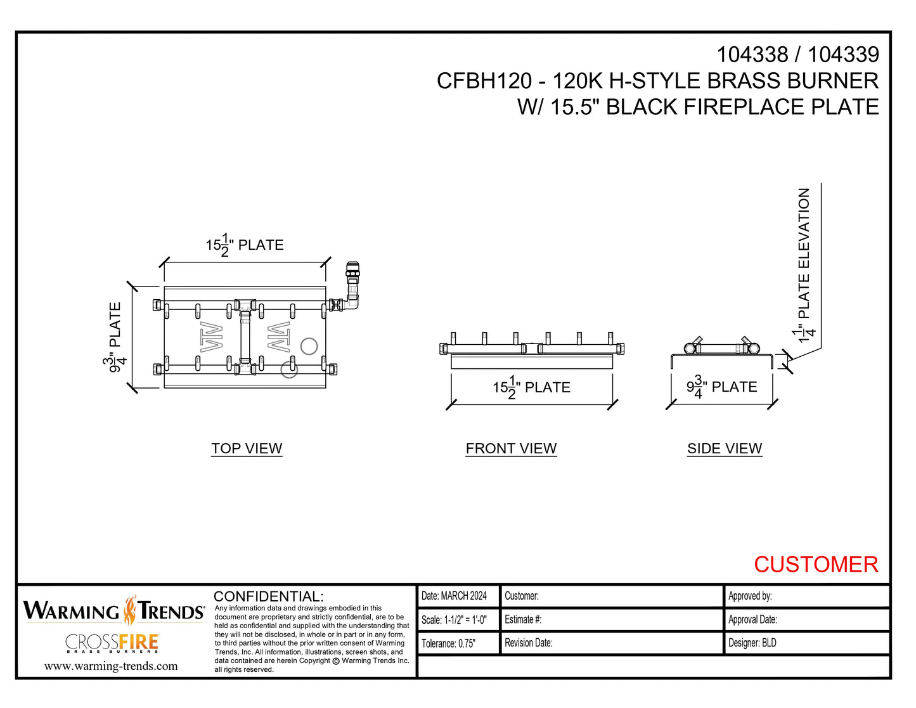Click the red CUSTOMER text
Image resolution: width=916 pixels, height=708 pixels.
click(x=815, y=564)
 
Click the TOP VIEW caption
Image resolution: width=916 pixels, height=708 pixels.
click(x=247, y=448)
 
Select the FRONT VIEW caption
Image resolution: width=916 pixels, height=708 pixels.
click(x=511, y=448)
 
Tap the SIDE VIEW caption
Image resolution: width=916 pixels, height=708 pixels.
click(x=725, y=448)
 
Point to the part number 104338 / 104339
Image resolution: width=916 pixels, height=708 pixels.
click(x=797, y=55)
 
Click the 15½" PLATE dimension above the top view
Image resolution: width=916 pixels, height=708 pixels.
click(x=245, y=245)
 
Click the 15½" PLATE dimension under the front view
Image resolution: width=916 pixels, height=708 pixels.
click(x=531, y=387)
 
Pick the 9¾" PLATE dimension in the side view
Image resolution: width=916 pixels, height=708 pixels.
click(x=722, y=387)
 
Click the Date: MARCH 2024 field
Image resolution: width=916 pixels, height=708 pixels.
click(x=455, y=596)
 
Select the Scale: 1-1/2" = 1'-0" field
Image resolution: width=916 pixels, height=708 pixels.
click(x=455, y=620)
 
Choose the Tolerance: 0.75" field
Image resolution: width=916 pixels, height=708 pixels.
click(x=449, y=643)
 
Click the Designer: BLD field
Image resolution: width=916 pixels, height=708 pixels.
click(x=752, y=643)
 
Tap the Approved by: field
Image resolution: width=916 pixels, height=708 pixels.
click(x=750, y=596)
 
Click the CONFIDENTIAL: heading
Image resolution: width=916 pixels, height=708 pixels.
click(x=269, y=596)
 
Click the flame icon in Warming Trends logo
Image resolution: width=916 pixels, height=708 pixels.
click(x=130, y=610)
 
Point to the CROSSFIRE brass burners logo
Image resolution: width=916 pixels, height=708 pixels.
click(x=112, y=643)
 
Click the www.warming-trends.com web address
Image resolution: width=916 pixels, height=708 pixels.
click(x=111, y=666)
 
